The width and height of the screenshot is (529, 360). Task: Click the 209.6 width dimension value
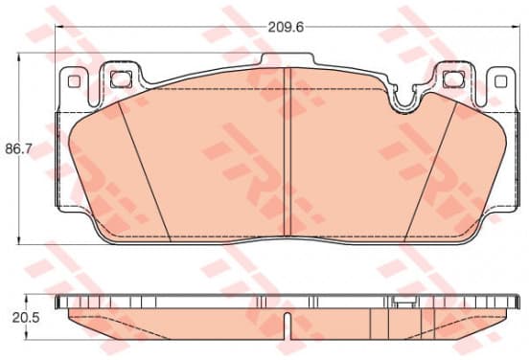286,27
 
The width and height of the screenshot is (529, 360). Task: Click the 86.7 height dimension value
18,148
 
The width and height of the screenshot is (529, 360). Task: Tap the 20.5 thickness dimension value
26,318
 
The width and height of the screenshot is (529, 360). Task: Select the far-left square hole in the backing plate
74,81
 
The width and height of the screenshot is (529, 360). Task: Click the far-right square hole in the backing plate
500,81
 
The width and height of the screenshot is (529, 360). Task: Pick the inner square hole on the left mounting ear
121,79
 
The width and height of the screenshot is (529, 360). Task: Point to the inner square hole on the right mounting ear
453,79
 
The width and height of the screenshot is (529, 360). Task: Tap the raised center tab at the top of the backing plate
287,59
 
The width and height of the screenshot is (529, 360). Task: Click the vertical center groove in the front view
287,152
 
